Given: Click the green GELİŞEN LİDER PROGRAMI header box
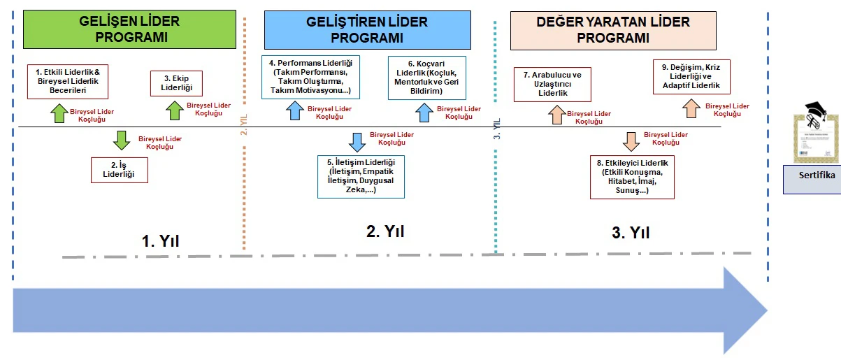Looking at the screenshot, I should pos(129,29).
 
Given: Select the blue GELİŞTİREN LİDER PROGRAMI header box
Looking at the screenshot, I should pos(367,29).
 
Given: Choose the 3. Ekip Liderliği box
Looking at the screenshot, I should pos(176,83).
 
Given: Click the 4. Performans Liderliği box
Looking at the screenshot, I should pos(310,77).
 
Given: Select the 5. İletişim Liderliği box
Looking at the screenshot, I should pos(361,175).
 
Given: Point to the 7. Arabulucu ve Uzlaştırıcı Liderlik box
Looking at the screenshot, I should pos(552,83).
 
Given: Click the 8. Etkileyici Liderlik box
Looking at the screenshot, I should pos(632,176).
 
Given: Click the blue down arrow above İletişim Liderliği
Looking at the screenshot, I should pos(357,141).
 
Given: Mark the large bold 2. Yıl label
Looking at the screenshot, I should pos(384,231).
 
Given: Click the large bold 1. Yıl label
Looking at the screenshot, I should pos(161,242).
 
